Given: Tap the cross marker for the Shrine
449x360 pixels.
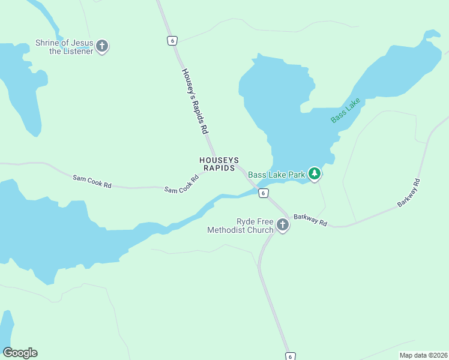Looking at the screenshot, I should (x=102, y=46).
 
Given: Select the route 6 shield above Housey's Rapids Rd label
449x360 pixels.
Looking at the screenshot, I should (x=172, y=40).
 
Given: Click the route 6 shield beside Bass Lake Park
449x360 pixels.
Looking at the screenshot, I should (x=263, y=193).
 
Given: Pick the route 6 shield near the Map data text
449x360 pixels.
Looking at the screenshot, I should (x=290, y=356).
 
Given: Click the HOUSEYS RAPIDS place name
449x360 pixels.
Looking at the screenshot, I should (x=220, y=164).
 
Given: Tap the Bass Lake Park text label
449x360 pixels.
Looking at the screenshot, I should (x=277, y=175).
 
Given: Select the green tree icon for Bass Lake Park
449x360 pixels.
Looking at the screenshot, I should (x=315, y=173).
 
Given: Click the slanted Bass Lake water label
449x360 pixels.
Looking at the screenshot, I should (x=345, y=110).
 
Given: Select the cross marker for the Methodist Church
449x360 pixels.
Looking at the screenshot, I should (x=282, y=226).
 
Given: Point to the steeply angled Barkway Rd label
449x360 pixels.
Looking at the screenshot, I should (x=409, y=193).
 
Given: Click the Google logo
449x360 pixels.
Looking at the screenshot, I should (x=20, y=353).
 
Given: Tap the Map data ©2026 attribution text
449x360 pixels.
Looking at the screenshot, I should (x=423, y=355).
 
